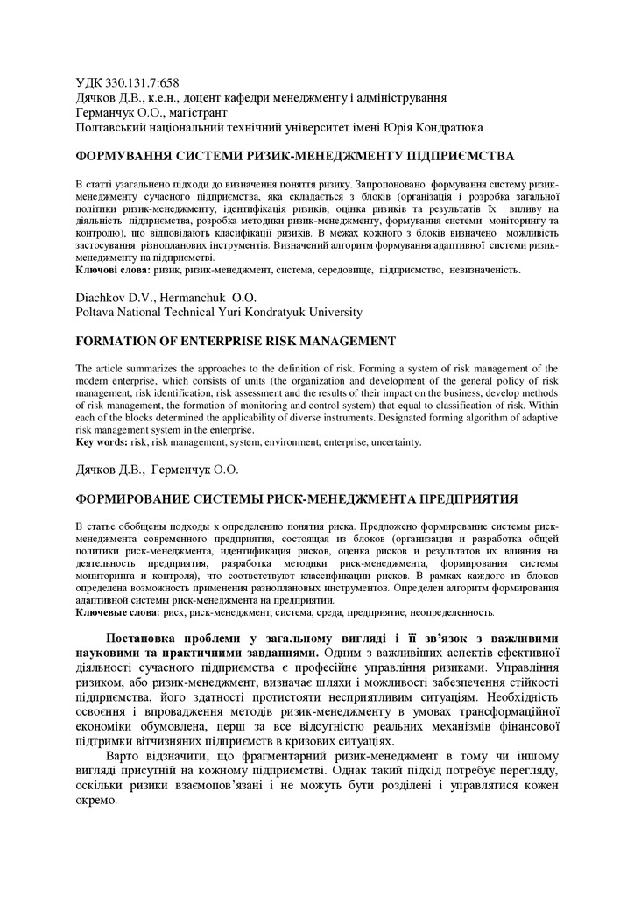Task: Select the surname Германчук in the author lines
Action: pos(109,113)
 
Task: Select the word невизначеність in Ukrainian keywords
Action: pos(485,271)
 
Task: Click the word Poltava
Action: pos(96,312)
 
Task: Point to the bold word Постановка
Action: pos(149,637)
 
